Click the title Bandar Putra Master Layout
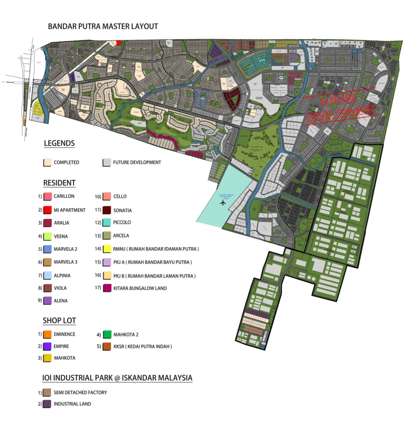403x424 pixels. coord(103,26)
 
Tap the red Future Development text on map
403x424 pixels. coord(341,108)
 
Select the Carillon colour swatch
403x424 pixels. coord(47,196)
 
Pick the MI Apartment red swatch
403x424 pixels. coord(47,210)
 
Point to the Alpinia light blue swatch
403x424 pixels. coord(47,275)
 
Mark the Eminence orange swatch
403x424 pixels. coord(47,334)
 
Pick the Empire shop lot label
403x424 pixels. coord(61,346)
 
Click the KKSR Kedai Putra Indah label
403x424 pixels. coord(142,346)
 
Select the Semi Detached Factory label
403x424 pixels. coord(80,393)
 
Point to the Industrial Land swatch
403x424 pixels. coord(47,404)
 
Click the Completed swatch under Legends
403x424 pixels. coord(47,163)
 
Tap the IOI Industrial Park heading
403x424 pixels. coord(117,378)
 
